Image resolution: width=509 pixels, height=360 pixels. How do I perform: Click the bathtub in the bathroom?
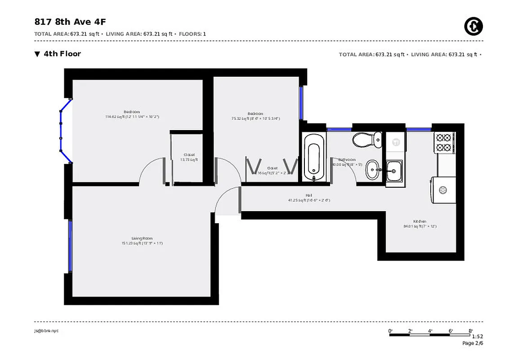313,157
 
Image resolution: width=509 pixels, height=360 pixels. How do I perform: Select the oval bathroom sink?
373,170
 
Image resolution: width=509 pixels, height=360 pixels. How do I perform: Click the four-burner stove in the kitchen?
443,142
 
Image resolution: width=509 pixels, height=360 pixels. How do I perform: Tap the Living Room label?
142,238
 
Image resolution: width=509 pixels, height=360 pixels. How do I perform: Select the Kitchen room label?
420,221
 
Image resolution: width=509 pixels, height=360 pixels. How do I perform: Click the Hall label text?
309,195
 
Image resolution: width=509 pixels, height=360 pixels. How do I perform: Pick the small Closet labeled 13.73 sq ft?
189,157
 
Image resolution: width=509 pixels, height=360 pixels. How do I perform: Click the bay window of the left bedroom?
63,130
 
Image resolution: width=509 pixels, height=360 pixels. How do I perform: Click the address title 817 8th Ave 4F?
70,22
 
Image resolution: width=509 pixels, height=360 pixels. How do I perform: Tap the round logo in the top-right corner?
473,27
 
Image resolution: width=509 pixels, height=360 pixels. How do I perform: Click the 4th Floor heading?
62,54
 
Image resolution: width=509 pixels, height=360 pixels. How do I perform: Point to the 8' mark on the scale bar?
471,331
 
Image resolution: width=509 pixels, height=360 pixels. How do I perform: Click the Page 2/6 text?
473,343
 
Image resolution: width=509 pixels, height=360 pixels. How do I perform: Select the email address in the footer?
46,331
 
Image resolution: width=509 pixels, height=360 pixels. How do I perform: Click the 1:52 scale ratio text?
478,337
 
